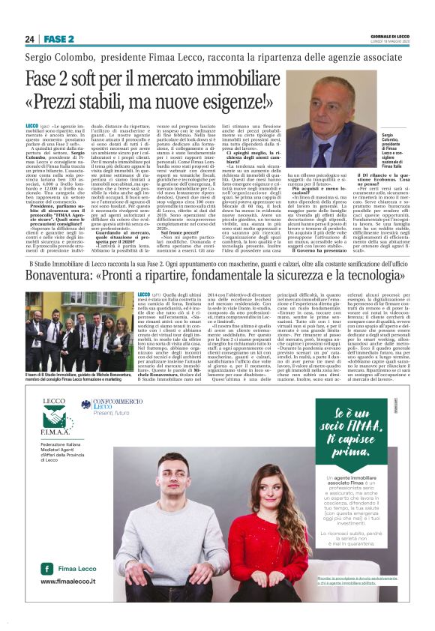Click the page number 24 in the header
31,39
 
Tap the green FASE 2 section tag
58,39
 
